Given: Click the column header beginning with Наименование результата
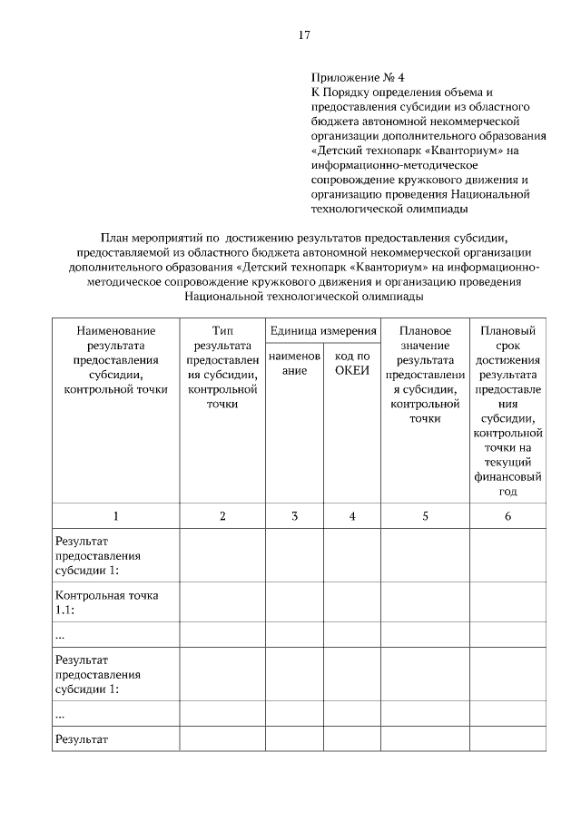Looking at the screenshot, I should pos(115,360).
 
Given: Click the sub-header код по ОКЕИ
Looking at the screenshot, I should pos(352,364).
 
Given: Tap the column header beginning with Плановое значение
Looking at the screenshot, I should pos(424,375).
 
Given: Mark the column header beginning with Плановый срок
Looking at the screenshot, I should pos(507,411).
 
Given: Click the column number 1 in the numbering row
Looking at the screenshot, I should pos(115,516).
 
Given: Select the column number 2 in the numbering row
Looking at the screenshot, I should pos(222,516).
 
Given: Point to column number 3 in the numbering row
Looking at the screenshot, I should pos(294,516).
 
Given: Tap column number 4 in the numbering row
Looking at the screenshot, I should pos(352,516).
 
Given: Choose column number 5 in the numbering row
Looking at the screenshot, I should pos(424,516).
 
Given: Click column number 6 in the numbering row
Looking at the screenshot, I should pos(507,516).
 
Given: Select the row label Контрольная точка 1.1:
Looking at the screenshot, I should pos(107,602).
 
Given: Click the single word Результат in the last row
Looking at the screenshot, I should pos(82,739).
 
